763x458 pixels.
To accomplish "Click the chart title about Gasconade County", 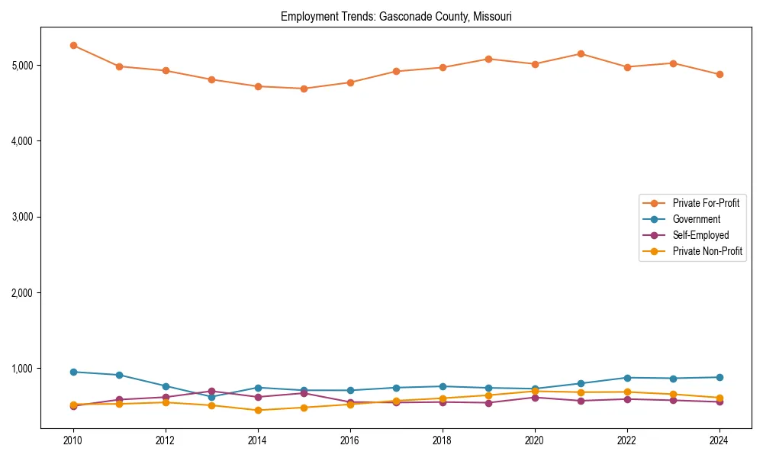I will [x=396, y=16].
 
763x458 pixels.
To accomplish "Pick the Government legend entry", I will [x=696, y=219].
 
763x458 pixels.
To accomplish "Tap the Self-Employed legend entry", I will [x=700, y=235].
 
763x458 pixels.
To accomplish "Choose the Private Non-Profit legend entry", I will [x=707, y=251].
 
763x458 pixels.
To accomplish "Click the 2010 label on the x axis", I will [x=73, y=440].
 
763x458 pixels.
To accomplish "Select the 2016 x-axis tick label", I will [x=350, y=440].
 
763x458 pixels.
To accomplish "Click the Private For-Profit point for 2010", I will [x=73, y=45].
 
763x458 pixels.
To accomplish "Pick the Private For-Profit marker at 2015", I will [x=304, y=89].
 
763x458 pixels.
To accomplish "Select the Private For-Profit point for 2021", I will [x=581, y=53].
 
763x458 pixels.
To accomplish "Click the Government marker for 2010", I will [x=73, y=372].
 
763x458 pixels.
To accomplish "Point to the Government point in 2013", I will [x=211, y=397].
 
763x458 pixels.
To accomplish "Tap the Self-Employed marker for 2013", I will [x=211, y=391].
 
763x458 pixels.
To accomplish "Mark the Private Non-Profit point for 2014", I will [x=258, y=410].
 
